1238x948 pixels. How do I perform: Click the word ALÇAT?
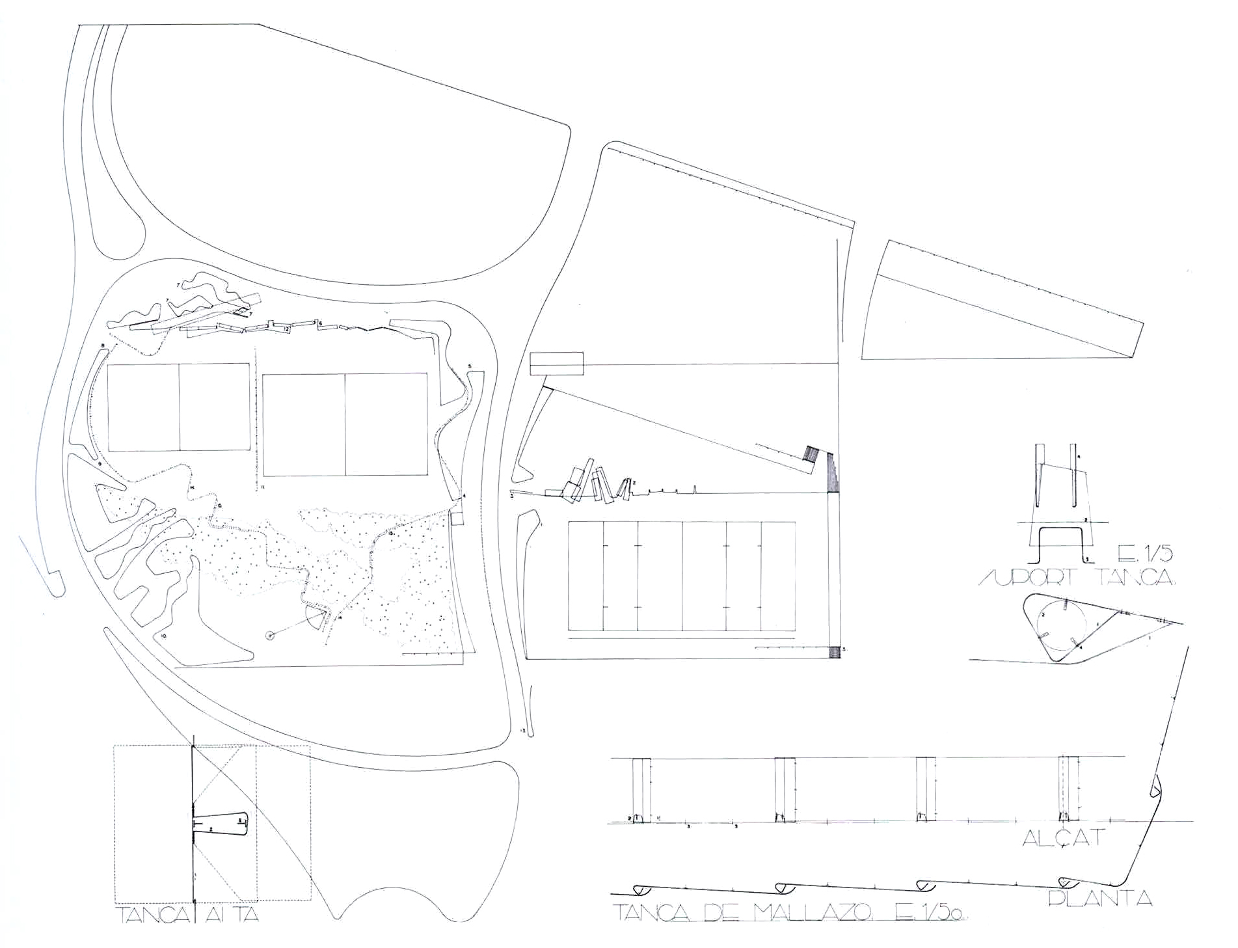pos(1064,837)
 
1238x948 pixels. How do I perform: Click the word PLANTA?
pos(1099,899)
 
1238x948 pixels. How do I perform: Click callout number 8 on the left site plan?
pos(103,345)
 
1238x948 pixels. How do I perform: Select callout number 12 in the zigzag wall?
pos(286,329)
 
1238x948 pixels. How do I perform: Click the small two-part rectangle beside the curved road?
pos(556,364)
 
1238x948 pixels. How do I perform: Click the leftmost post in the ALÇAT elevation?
pos(641,790)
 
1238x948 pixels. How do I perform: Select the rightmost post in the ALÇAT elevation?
pos(1069,790)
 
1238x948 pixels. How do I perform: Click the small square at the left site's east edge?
pos(457,518)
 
